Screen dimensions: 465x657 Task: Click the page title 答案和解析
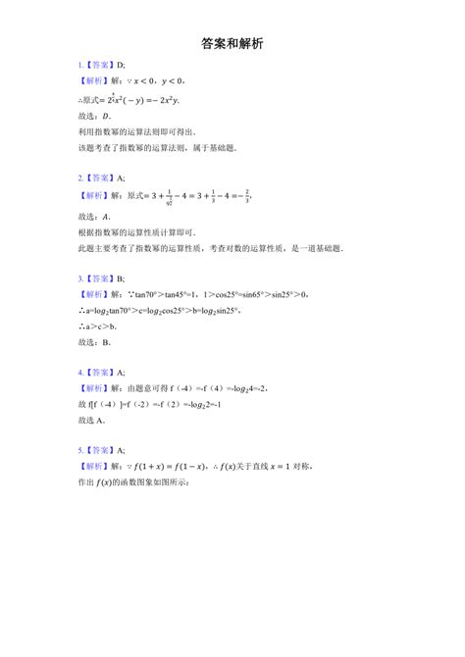(232, 44)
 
